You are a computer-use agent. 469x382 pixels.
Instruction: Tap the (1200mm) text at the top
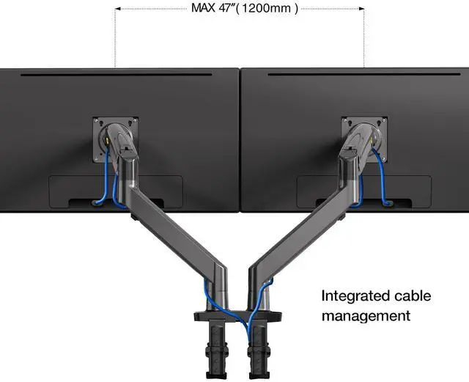270,10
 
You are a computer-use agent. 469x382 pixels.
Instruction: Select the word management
366,316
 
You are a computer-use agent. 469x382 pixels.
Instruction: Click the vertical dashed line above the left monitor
116,37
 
